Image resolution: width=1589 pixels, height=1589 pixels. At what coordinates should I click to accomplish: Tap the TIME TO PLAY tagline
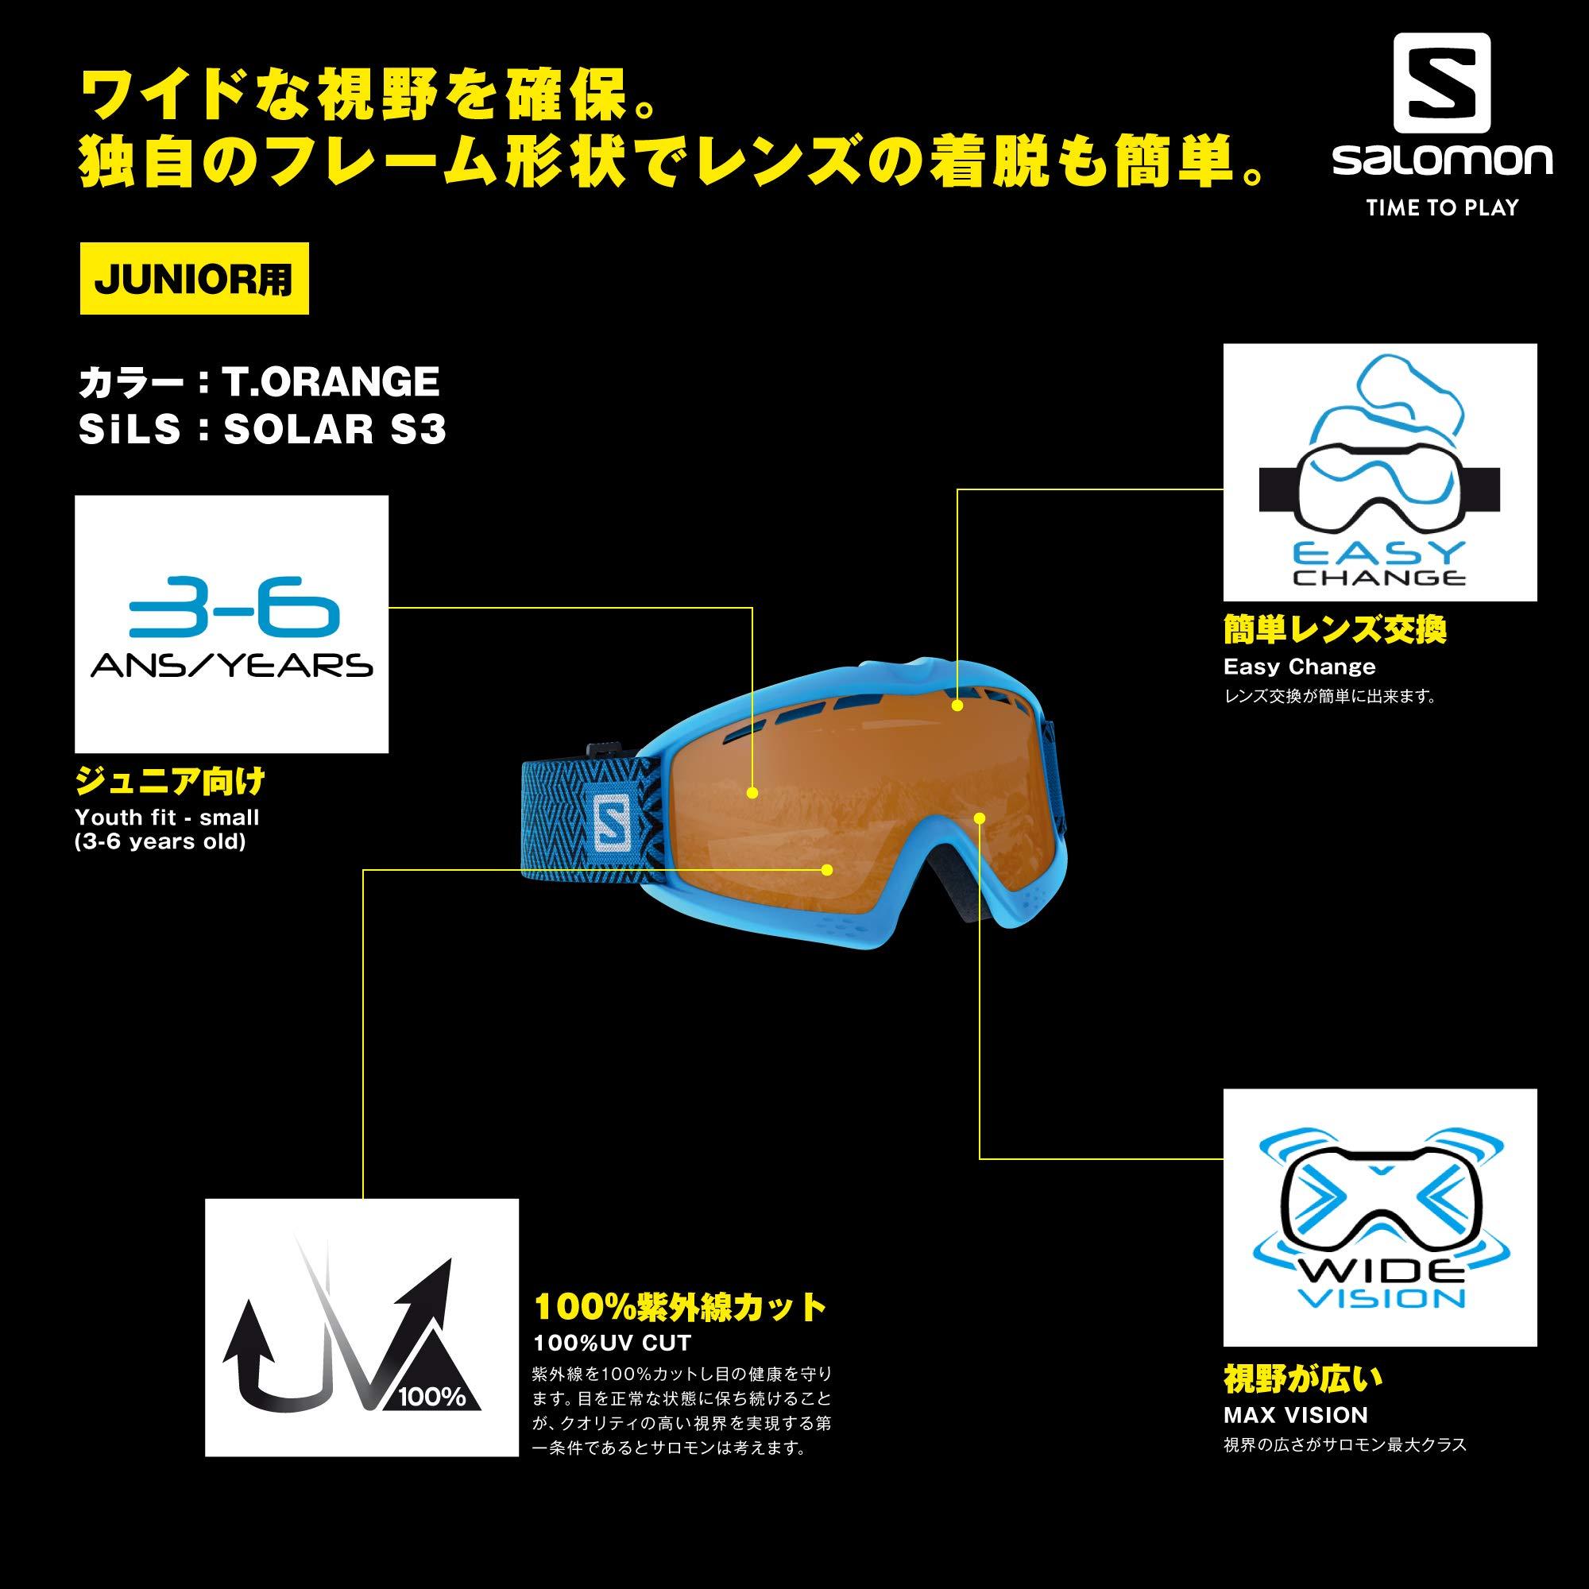tap(1442, 208)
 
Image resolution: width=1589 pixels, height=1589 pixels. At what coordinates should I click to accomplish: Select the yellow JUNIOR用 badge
tap(194, 279)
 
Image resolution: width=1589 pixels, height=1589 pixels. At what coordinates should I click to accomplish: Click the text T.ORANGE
tap(331, 381)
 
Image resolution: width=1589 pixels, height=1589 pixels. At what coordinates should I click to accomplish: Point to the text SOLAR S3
tap(334, 429)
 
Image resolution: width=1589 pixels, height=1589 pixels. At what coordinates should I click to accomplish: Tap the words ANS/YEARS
tap(232, 664)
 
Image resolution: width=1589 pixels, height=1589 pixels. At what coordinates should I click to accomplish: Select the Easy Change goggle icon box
tap(1380, 472)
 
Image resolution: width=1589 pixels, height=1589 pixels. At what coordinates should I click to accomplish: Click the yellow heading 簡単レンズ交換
tap(1335, 630)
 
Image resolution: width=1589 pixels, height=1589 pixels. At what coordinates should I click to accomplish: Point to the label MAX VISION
tap(1295, 1416)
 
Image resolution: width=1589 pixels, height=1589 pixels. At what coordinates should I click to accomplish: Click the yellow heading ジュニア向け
tap(170, 781)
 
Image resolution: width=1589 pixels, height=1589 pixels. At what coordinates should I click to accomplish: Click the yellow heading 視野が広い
tap(1304, 1379)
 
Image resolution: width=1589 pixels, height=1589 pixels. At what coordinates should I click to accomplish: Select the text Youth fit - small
tap(167, 818)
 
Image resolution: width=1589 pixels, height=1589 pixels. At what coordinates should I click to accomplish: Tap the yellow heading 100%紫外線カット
tap(680, 1307)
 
